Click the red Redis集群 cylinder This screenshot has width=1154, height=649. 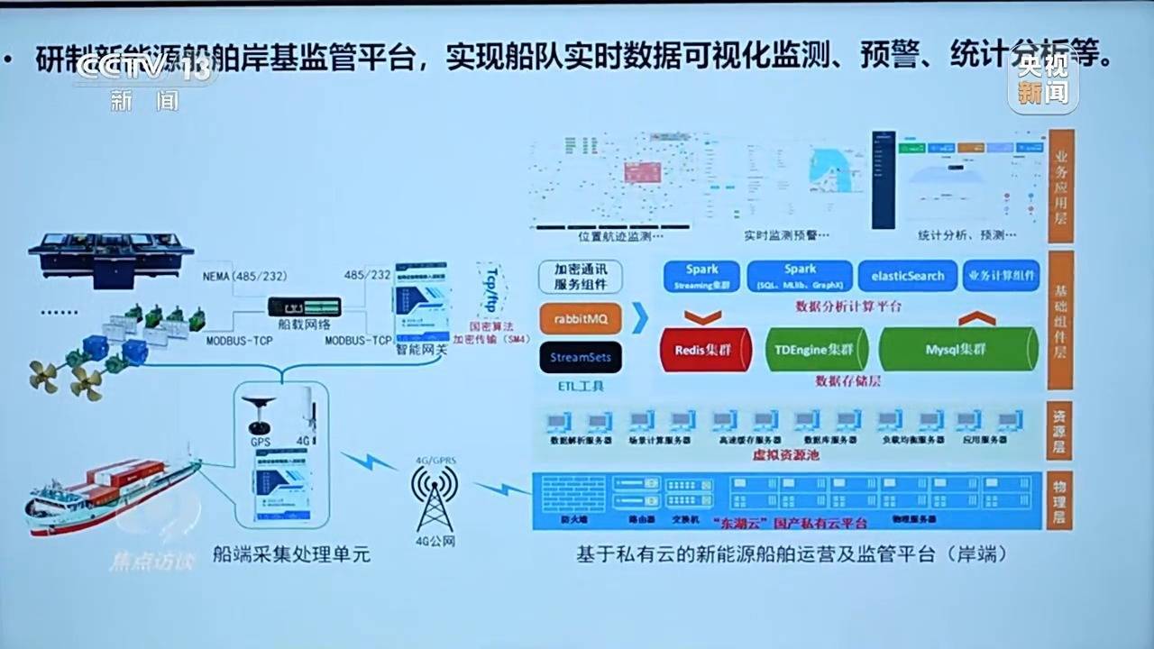tap(706, 350)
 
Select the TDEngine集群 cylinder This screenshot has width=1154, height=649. tap(816, 350)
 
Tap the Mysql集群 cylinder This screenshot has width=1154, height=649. tap(958, 350)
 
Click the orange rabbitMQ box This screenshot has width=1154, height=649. tap(581, 318)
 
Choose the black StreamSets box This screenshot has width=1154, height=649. tap(581, 358)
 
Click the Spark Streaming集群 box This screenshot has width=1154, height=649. tap(701, 276)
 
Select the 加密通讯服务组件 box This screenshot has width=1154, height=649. tap(581, 278)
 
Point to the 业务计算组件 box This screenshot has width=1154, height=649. tap(1001, 276)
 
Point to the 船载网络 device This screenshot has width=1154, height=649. tap(304, 307)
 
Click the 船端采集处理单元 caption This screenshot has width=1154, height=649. tap(292, 555)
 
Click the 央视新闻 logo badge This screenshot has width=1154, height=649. tap(1043, 81)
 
